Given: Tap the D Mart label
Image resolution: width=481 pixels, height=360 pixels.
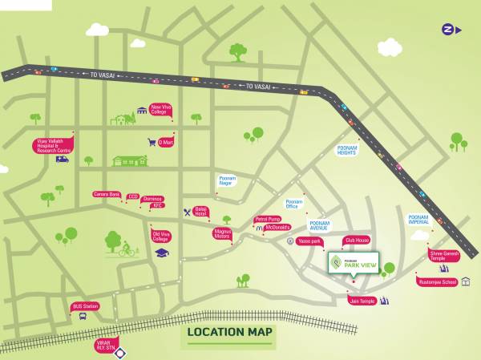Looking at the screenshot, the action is click(165, 142).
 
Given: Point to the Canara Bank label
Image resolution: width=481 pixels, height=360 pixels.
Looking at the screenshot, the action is click(106, 194).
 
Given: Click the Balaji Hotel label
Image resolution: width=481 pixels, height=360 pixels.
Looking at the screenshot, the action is click(200, 212).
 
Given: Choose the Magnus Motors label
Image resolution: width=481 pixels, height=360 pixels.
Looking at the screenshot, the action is click(222, 233).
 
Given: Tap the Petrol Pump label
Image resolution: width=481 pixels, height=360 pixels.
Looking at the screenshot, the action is click(268, 219).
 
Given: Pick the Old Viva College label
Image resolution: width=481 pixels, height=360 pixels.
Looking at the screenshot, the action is click(160, 237).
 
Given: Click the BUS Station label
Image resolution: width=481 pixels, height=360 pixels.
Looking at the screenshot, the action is click(86, 306).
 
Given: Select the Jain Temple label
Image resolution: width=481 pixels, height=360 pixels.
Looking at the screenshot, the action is click(362, 301).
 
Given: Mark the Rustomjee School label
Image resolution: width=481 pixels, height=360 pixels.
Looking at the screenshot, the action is click(437, 281).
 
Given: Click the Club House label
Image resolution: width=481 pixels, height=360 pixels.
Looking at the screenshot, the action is click(357, 240).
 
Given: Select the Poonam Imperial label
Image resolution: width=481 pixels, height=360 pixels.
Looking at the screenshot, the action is click(418, 219).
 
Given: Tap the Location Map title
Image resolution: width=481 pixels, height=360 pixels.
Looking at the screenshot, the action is click(229, 332).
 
